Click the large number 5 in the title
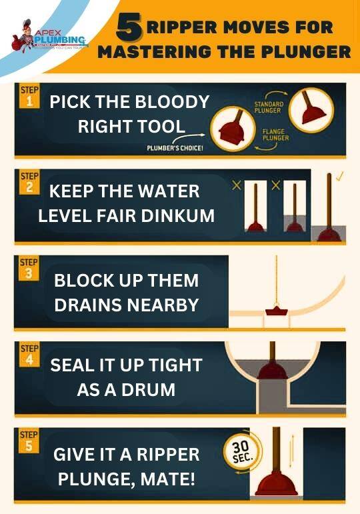pos(130,27)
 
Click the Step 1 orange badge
pos(29,97)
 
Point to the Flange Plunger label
pos(275,135)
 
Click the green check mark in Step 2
pos(341,177)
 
